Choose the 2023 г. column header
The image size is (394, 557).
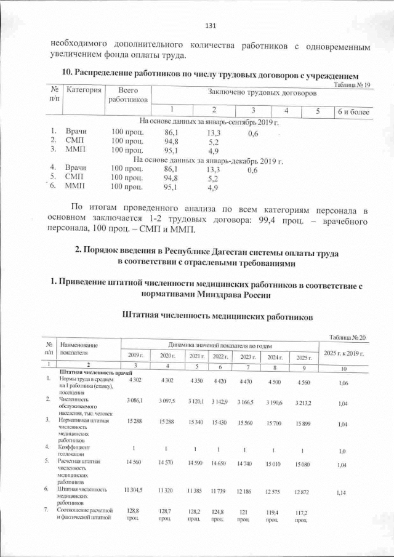pyautogui.click(x=247, y=356)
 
